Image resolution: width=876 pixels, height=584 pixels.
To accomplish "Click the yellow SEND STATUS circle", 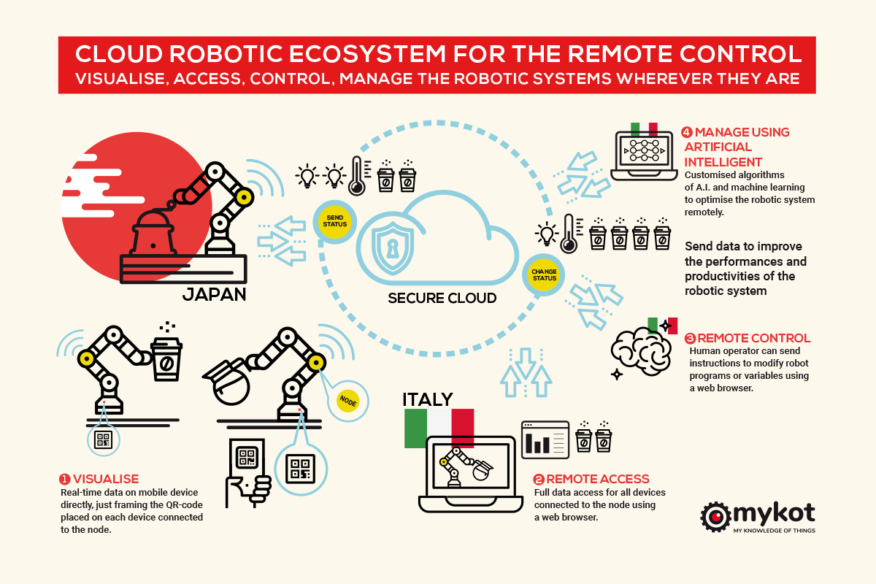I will [x=334, y=222].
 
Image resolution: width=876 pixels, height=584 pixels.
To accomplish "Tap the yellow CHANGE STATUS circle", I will [x=545, y=274].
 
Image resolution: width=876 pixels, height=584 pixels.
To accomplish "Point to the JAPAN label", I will [x=215, y=293].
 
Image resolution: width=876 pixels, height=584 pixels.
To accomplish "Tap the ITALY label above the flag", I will [x=428, y=399].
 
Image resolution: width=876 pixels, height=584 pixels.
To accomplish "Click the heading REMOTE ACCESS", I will [x=597, y=480].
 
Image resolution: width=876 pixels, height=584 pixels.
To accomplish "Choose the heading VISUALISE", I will [x=105, y=480].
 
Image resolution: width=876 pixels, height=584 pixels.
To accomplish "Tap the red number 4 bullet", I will [x=686, y=133].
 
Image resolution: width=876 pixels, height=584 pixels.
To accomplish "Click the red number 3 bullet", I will [x=690, y=339].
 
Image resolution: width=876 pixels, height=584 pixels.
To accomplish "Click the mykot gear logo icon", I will [x=715, y=516].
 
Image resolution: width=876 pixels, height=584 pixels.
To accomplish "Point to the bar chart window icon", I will [x=545, y=439].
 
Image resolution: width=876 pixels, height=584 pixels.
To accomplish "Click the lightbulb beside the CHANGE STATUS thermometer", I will [x=545, y=234].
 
